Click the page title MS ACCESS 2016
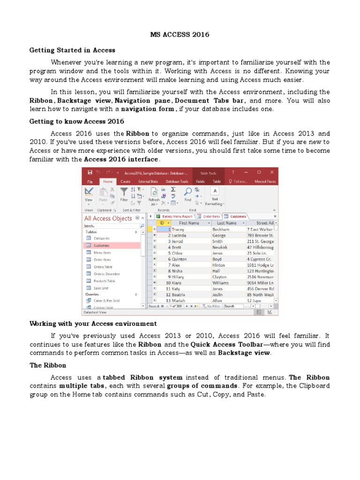[180, 35]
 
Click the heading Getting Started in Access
[72, 50]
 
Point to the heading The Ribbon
[48, 365]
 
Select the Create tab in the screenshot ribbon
[125, 181]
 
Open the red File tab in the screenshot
[90, 181]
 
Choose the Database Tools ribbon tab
[177, 181]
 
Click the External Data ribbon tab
[148, 181]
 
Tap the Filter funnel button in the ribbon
[124, 195]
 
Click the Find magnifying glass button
[187, 195]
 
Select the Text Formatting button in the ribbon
[215, 196]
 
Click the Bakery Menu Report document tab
[174, 217]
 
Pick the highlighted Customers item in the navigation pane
[101, 246]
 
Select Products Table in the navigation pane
[104, 281]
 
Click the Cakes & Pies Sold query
[106, 300]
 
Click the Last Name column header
[226, 223]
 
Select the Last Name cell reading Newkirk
[220, 247]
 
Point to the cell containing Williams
[221, 283]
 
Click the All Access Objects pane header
[108, 218]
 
